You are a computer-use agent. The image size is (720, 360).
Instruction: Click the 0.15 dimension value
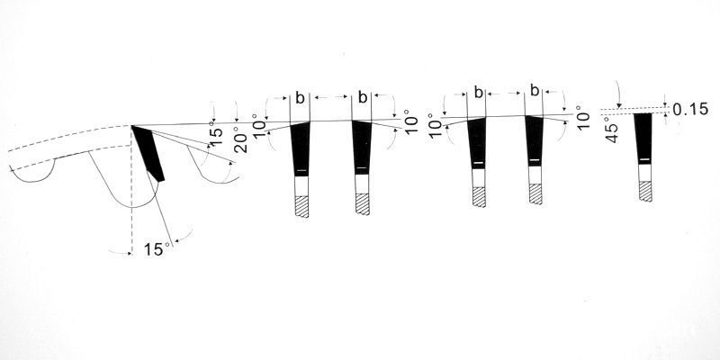[x=690, y=109]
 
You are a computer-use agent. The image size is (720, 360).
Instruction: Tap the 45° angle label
[x=613, y=130]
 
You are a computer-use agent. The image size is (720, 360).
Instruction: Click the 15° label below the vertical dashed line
[x=157, y=249]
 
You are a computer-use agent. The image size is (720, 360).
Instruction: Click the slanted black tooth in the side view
[x=148, y=153]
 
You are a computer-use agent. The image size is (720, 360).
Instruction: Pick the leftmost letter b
[x=300, y=98]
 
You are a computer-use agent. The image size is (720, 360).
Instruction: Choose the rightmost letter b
[x=535, y=91]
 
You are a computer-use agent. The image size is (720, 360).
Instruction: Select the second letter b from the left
[x=363, y=97]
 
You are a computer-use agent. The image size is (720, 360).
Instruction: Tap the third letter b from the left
[x=479, y=93]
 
